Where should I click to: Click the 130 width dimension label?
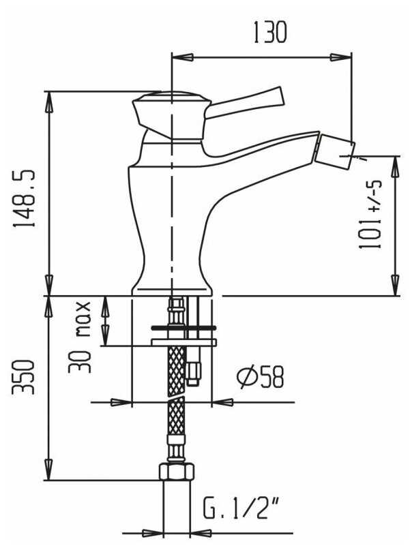(x=269, y=32)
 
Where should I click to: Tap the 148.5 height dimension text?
(x=24, y=198)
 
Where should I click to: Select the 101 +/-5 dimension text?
(x=370, y=215)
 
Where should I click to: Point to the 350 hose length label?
(x=23, y=377)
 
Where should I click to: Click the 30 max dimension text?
(x=80, y=337)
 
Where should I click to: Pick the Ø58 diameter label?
(x=259, y=377)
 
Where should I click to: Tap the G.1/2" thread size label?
(x=241, y=508)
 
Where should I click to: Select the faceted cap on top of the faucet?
(x=171, y=115)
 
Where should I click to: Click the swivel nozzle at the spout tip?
(x=334, y=150)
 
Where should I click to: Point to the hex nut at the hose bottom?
(x=177, y=472)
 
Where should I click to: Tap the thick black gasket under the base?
(x=183, y=328)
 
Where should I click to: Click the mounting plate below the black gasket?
(x=183, y=342)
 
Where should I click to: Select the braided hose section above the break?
(x=176, y=371)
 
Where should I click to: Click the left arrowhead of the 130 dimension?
(x=182, y=57)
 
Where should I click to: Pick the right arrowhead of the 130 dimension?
(x=341, y=57)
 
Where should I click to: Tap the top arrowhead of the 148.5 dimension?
(x=49, y=102)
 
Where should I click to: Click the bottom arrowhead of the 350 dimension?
(x=49, y=470)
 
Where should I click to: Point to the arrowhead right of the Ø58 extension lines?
(x=223, y=402)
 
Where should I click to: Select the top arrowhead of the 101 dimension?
(x=396, y=167)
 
